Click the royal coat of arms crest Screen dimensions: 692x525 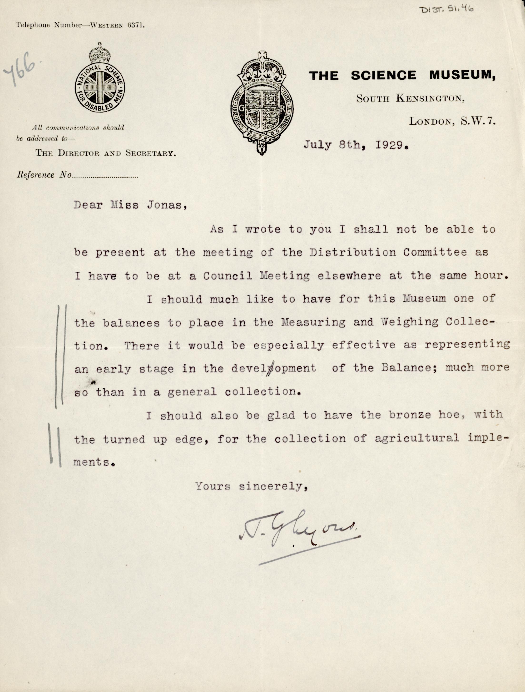click(262, 103)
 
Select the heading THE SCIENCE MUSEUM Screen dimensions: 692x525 click(402, 75)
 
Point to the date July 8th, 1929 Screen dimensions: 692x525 click(356, 145)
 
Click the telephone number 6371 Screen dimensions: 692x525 click(136, 25)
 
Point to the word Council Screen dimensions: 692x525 click(228, 276)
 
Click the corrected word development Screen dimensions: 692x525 click(273, 368)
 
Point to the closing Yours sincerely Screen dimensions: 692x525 click(252, 486)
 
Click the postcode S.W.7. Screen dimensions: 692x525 click(478, 121)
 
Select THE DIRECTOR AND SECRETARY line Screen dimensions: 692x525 click(105, 153)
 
